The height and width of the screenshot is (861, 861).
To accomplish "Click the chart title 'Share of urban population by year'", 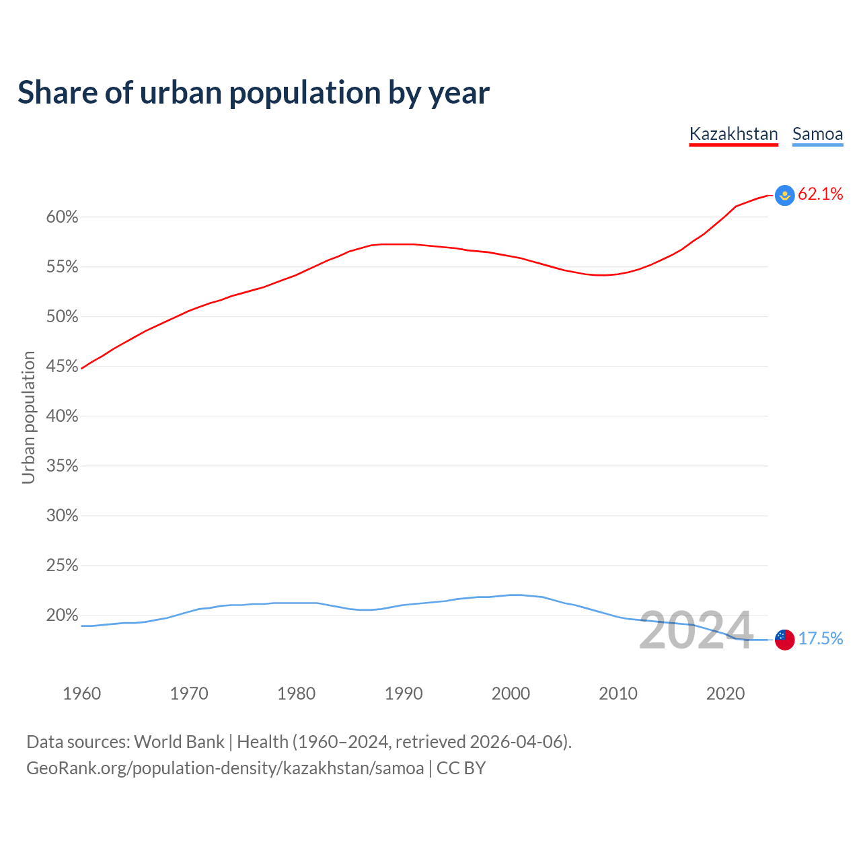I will (254, 93).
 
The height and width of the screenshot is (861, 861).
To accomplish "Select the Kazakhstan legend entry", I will (733, 134).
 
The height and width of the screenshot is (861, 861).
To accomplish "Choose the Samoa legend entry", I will (817, 134).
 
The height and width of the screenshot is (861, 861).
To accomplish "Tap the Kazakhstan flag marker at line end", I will (784, 195).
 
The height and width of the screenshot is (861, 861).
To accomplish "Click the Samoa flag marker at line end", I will (784, 639).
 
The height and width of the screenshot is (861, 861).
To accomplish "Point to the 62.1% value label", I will (820, 194).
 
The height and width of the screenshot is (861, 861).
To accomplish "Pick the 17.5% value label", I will (820, 638).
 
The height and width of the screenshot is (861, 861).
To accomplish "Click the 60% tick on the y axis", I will (62, 217).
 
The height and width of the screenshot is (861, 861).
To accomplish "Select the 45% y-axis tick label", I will (62, 367).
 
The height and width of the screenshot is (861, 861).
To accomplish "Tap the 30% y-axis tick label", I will (62, 516).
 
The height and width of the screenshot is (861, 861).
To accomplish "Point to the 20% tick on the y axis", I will (62, 615).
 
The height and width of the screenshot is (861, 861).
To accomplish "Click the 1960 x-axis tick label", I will (81, 694).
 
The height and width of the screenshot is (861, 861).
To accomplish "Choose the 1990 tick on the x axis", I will (404, 694).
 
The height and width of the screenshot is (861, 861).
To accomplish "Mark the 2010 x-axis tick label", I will (617, 694).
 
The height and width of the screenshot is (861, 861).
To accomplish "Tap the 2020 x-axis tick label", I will (725, 694).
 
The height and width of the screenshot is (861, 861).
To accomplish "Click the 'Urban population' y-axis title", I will (28, 417).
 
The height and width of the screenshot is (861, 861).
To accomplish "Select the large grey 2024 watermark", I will (696, 631).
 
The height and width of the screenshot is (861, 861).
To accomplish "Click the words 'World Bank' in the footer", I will (179, 742).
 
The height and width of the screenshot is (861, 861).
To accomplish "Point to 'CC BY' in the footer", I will (461, 768).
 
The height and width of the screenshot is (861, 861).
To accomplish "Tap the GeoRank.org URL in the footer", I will (225, 768).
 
